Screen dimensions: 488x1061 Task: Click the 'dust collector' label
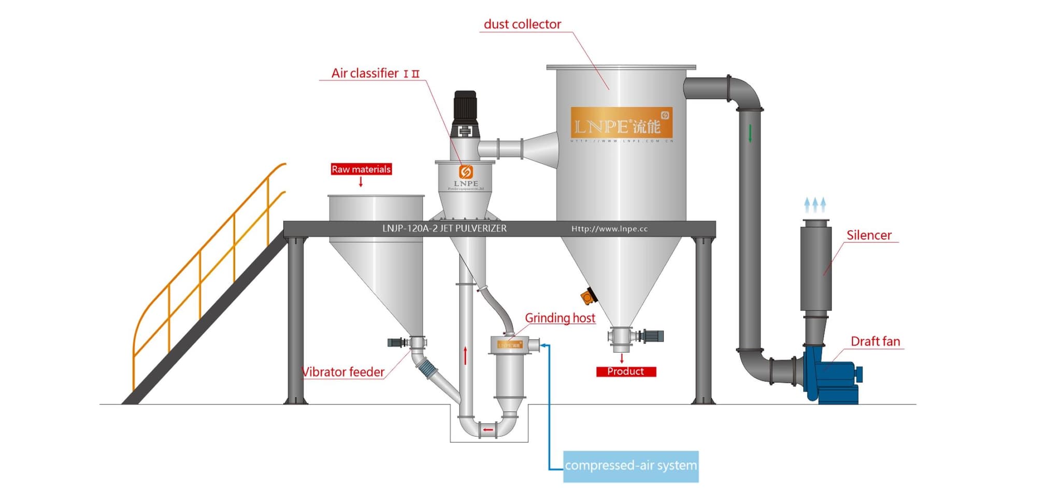(522, 24)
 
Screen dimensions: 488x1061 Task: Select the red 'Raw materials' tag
(361, 169)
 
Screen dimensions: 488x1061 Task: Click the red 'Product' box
(626, 371)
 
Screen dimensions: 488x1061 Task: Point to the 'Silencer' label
(869, 235)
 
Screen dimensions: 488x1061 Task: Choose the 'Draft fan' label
(875, 341)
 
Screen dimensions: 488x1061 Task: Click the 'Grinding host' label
(560, 318)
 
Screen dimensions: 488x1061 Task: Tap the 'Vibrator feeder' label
(343, 372)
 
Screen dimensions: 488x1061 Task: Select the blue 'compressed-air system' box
(630, 466)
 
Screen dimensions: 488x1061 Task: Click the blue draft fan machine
(831, 376)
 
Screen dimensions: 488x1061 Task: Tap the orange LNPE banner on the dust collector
(621, 123)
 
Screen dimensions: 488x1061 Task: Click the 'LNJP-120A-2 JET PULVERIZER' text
(444, 228)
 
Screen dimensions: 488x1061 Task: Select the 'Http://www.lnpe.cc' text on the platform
(609, 228)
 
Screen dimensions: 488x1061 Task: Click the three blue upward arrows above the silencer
(815, 205)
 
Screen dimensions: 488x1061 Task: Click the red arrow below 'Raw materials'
(361, 182)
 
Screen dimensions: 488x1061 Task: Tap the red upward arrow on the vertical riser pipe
(465, 355)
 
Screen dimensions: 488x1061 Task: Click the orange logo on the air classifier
(466, 171)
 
